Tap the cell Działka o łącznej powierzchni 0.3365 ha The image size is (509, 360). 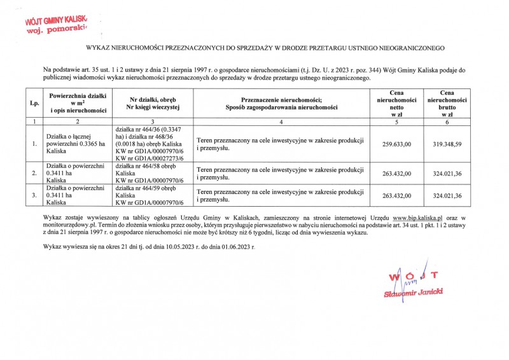click(70, 144)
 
